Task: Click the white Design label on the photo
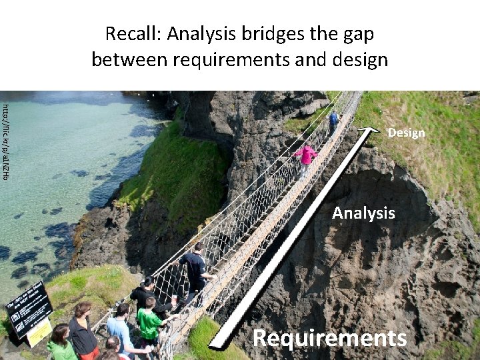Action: [x=406, y=133]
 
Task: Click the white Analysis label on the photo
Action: [x=363, y=213]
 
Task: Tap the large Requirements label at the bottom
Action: [x=329, y=338]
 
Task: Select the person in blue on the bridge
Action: [x=333, y=121]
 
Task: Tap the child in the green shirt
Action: [x=149, y=320]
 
